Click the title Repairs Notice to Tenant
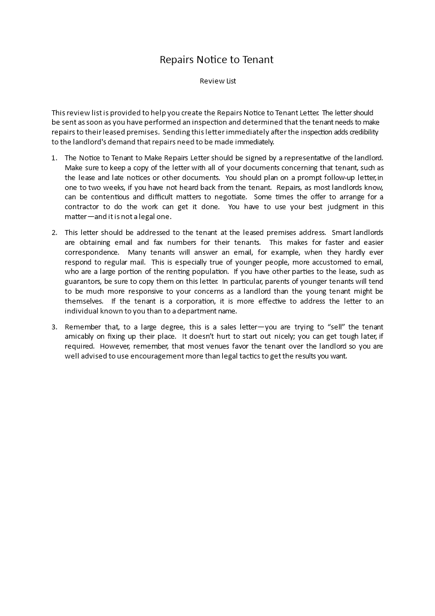point(217,59)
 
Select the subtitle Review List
point(217,81)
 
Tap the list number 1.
point(54,158)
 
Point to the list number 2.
point(54,232)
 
